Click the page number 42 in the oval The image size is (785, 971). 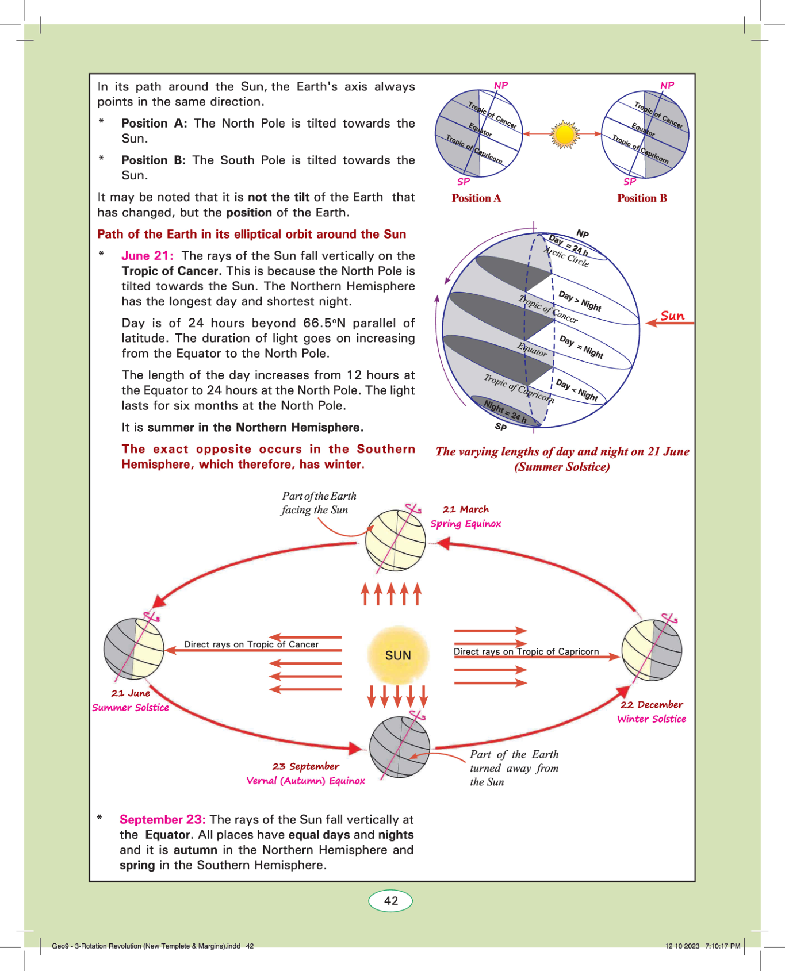coord(390,901)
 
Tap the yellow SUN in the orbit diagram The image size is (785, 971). coord(398,655)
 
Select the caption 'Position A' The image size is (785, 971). coord(476,198)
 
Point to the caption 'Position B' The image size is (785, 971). coord(642,198)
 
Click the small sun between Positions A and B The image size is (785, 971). coord(564,135)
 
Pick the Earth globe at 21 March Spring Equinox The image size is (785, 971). coord(396,540)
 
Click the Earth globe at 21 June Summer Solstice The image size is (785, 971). coord(133,649)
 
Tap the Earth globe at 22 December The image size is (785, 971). coord(652,650)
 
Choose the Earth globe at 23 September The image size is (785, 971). coord(399,747)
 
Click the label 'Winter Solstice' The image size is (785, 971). coord(652,719)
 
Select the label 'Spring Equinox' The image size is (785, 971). coord(466,524)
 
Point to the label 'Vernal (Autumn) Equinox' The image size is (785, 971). coord(305,781)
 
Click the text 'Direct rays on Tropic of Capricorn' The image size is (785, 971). coord(526,651)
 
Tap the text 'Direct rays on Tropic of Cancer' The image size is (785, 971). coord(251,644)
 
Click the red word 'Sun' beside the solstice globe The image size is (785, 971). coord(672,316)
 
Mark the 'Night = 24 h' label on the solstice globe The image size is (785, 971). coord(505,411)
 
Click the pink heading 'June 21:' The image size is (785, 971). coord(147,256)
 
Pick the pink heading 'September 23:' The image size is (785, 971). coord(162,819)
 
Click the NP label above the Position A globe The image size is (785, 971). coord(501,85)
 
